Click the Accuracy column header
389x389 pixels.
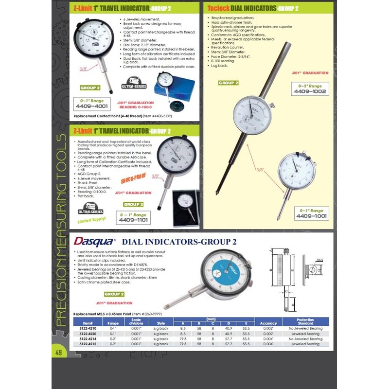click(268, 323)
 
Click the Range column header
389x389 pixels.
click(113, 323)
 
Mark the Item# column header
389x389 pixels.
click(88, 323)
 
